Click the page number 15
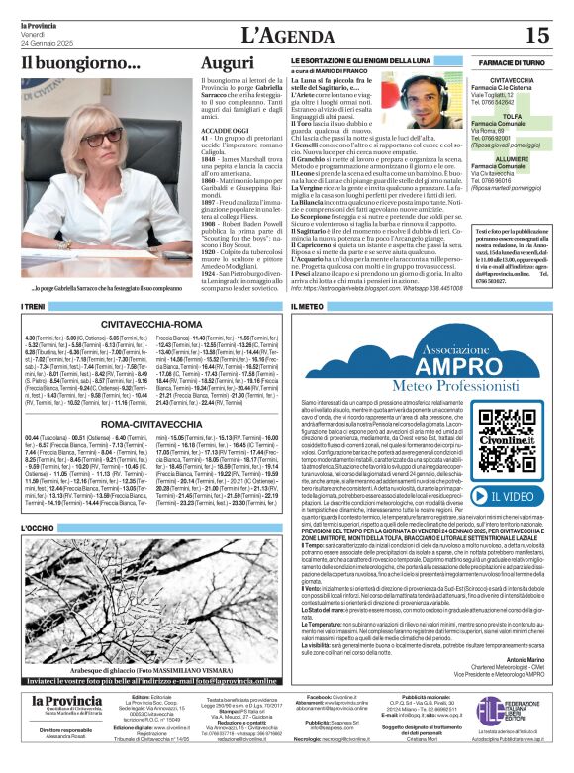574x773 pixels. pos(536,35)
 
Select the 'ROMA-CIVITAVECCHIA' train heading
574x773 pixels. pos(155,423)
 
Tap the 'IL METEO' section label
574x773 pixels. pos(308,307)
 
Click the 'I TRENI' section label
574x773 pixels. pos(34,307)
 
